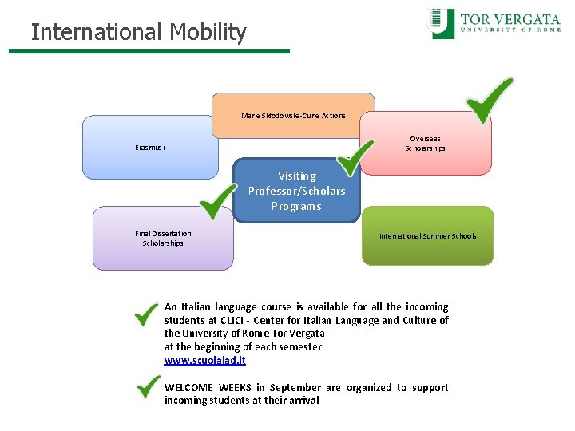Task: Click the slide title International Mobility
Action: pos(138,33)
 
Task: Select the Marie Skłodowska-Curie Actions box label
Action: pos(293,116)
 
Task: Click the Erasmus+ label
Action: pos(151,148)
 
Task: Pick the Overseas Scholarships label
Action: pos(425,144)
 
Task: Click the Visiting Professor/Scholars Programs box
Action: pos(296,191)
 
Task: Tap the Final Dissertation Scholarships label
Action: pos(163,239)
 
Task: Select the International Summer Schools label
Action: pos(427,236)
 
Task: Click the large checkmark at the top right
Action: pos(489,99)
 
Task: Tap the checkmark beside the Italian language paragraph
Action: pos(146,314)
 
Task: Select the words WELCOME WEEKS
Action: pos(208,388)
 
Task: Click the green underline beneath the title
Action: pos(149,52)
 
